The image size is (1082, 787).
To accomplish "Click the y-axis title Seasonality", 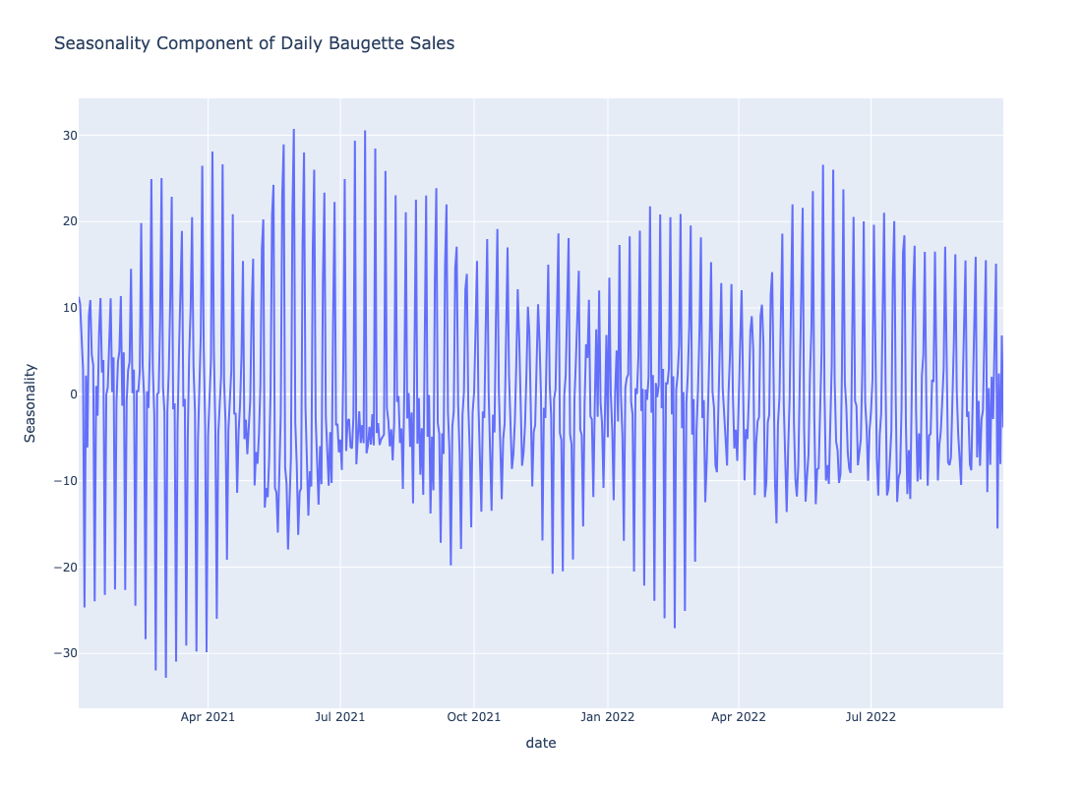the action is coord(30,403).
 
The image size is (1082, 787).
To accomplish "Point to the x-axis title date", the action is coord(541,743).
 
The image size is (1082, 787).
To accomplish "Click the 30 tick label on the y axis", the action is coord(70,136).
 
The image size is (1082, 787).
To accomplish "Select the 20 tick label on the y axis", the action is coord(70,221).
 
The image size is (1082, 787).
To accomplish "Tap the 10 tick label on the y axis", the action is coord(70,308).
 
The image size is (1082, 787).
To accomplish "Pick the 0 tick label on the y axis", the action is coord(73,394).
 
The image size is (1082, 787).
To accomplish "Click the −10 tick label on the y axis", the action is coord(65,480).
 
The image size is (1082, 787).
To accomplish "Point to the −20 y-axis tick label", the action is coord(65,567).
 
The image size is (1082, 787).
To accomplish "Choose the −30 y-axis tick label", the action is coord(65,653).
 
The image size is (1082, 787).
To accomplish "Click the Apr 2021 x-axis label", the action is coord(208,716).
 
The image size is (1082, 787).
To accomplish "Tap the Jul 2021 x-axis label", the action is coord(339,716).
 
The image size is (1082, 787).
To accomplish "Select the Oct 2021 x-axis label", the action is coord(474,716).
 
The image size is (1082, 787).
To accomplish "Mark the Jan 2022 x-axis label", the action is coord(607,716).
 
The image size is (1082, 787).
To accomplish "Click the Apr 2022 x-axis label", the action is coord(739,716).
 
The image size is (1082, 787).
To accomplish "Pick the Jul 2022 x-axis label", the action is coord(871,716).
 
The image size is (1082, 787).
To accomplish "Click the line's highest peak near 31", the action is coord(293,129).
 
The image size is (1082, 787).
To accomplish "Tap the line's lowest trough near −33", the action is coord(165,677).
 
